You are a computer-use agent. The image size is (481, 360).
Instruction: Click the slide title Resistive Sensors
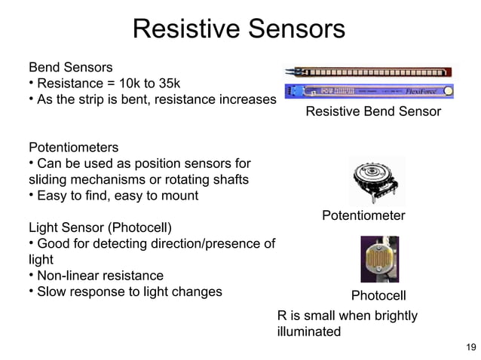238,29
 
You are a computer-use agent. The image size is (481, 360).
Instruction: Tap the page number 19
470,346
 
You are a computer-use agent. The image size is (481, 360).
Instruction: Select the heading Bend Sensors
70,67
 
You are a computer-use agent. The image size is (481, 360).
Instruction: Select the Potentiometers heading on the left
73,147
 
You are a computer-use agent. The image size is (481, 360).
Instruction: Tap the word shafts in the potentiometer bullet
231,179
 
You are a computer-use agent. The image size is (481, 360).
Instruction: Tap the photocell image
379,259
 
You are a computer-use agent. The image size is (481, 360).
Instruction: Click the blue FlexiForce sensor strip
369,92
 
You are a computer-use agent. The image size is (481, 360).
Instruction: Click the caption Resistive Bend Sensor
372,112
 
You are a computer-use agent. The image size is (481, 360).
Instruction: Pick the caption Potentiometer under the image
363,216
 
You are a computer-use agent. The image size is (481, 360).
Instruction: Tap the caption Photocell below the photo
378,294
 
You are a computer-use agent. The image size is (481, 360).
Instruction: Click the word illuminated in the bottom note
308,331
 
